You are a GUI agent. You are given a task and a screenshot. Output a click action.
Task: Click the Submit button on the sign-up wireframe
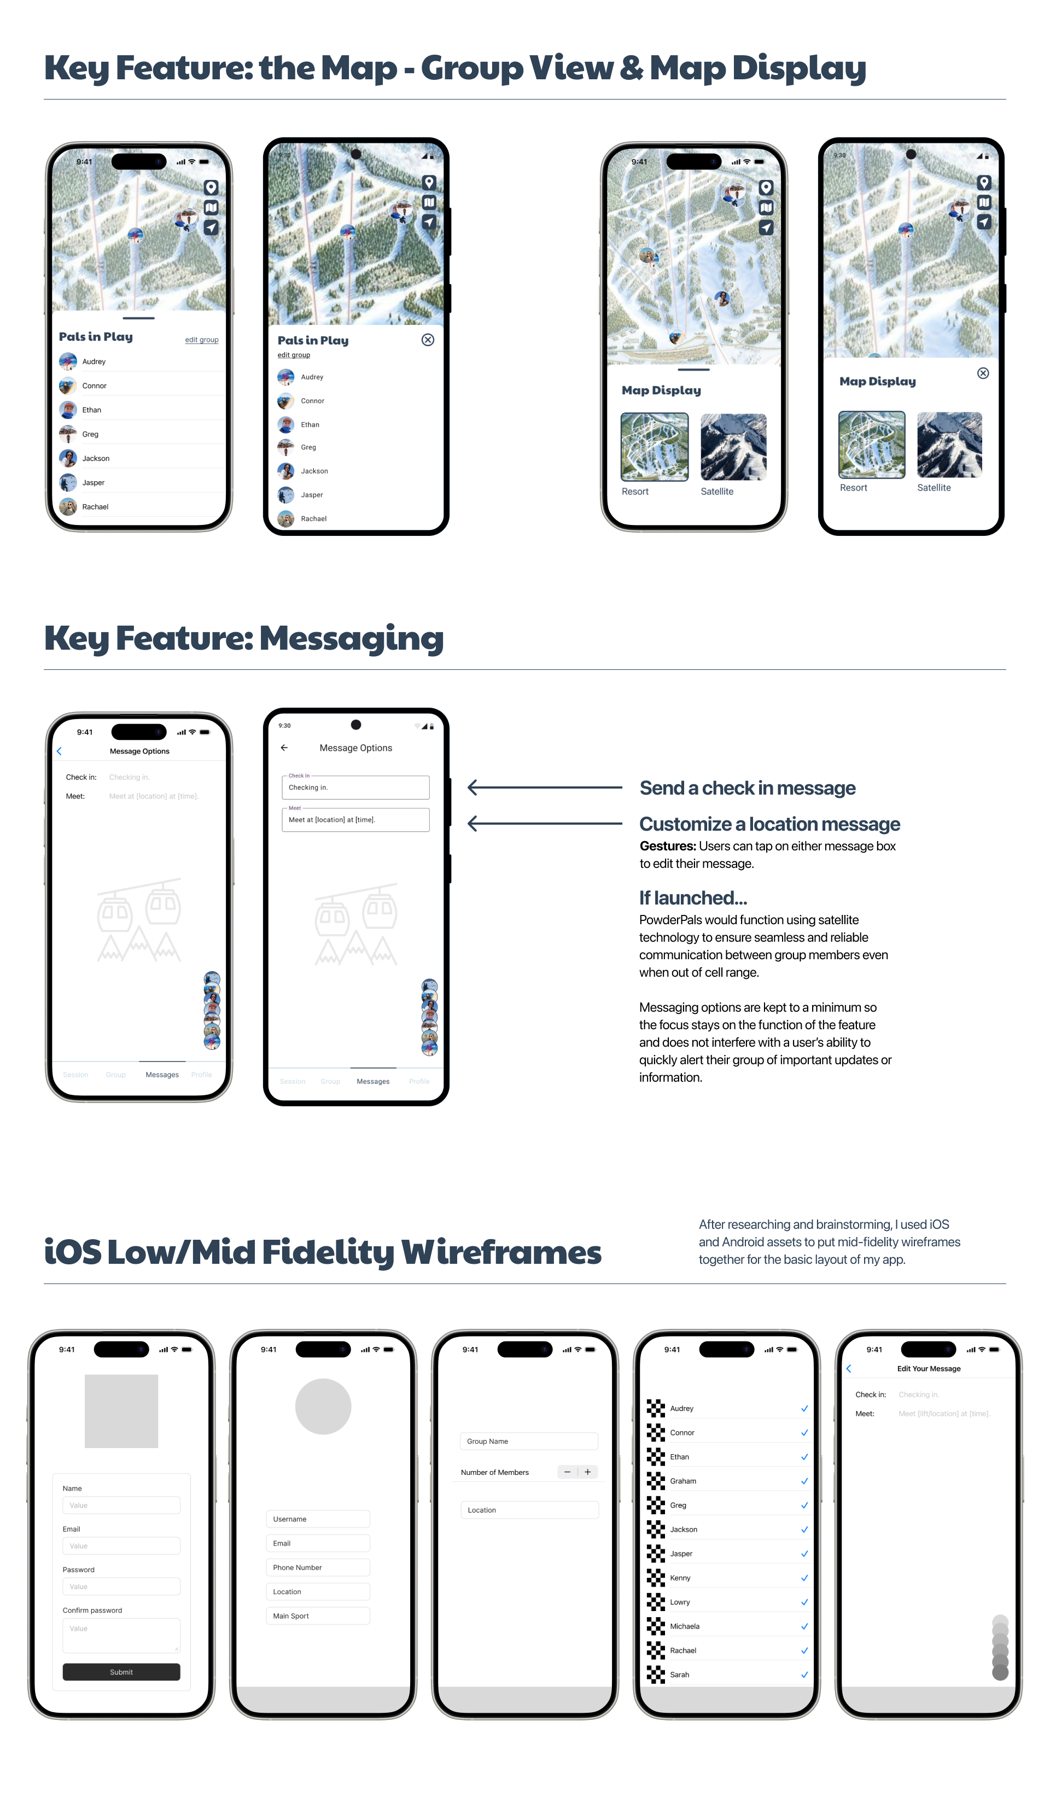coord(121,1672)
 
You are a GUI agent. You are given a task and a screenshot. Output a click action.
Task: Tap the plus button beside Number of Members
coord(588,1472)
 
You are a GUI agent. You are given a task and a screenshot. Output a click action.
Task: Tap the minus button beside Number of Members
coord(567,1472)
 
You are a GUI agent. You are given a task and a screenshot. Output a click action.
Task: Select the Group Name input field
coord(529,1441)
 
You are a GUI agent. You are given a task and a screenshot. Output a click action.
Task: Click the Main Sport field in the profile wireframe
coord(317,1616)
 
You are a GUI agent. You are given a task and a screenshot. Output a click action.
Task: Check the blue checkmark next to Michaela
coord(804,1626)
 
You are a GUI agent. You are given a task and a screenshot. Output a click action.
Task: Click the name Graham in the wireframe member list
coord(682,1481)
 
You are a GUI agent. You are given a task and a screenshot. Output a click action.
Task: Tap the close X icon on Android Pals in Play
coord(427,340)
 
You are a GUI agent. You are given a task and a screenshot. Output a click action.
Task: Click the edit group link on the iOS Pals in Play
coord(202,340)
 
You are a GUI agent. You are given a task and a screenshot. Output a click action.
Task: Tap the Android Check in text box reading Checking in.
coord(355,787)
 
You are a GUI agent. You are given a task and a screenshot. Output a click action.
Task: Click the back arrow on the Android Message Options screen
coord(284,748)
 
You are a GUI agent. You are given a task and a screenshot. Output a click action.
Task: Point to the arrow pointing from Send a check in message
coord(544,787)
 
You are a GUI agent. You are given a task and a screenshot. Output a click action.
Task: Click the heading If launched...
coord(693,898)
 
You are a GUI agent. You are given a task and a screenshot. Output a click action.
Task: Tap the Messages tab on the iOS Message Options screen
coord(162,1075)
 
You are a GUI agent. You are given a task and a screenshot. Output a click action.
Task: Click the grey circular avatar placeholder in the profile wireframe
coord(323,1406)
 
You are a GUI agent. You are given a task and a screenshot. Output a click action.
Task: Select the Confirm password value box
coord(121,1635)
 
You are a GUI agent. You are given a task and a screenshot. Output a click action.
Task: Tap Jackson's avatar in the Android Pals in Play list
coord(285,471)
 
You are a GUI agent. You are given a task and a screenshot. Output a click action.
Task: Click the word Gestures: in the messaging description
coord(667,846)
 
